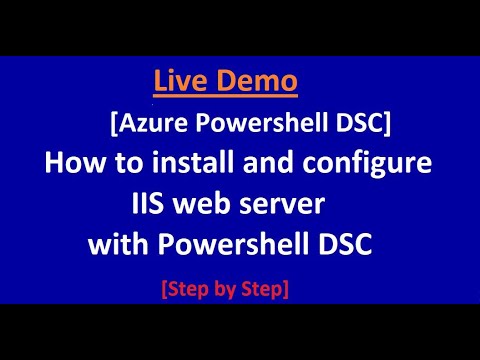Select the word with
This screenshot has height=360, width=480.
(119, 243)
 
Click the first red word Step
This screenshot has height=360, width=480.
(188, 290)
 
